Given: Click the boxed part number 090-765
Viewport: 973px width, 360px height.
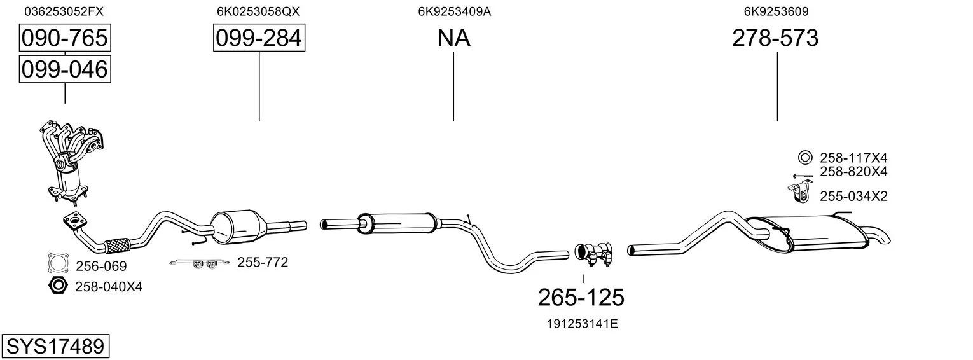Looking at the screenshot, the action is pos(65,38).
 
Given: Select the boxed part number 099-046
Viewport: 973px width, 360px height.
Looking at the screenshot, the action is pos(65,69).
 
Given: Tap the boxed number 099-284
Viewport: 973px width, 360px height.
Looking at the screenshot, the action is pos(259,38).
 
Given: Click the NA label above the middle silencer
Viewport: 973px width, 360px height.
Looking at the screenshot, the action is pos(453,38).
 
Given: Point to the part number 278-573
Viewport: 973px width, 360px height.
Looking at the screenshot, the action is pos(775,38).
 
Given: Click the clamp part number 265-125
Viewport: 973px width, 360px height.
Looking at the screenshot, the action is pos(581,298).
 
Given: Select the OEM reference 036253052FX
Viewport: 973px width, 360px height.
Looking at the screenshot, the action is pos(64,11).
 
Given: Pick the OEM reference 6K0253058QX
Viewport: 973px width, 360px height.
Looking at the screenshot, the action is pos(258,11).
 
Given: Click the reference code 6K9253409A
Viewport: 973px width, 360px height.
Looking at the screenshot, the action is pos(454,11).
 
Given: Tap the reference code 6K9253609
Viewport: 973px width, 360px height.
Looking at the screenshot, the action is pos(776,11).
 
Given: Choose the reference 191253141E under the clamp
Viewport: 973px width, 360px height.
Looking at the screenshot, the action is pos(582,324).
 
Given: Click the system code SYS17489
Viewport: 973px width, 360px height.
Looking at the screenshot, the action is pos(55,347).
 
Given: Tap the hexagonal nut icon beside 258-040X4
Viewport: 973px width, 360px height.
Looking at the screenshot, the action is pos(57,286).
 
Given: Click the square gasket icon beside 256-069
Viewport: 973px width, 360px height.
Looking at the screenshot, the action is pos(59,263).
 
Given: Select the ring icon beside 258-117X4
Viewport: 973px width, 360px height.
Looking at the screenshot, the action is pos(805,157).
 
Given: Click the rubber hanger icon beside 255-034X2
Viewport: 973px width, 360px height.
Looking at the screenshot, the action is pos(799,193).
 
